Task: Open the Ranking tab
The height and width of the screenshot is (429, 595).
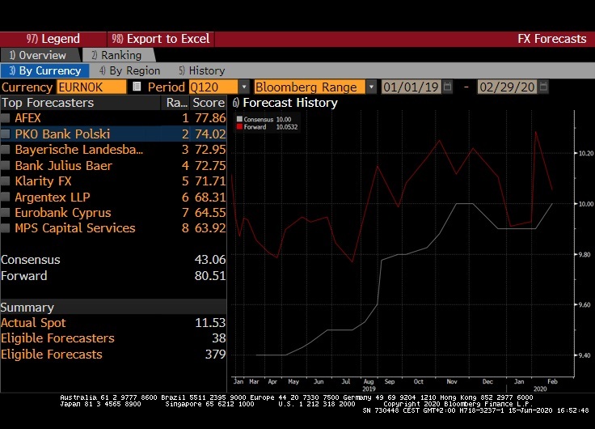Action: [116, 55]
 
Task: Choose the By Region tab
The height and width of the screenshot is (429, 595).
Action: [133, 70]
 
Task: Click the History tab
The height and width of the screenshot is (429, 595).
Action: [202, 70]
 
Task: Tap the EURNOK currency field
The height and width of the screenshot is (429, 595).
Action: [91, 87]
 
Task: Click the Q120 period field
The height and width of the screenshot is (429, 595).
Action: [213, 87]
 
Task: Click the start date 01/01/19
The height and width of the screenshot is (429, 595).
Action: [411, 87]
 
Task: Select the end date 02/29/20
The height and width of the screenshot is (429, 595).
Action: [508, 87]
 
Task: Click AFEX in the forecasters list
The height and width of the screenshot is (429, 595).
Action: [28, 118]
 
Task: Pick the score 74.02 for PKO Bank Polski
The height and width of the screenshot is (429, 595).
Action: [209, 134]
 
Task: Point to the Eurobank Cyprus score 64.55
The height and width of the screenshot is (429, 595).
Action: [209, 213]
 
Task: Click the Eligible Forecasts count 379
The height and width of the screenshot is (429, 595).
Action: [215, 355]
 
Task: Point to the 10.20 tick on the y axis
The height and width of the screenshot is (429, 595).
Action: [563, 153]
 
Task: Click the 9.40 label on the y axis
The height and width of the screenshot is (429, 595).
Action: [563, 355]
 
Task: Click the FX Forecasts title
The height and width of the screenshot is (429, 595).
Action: [551, 39]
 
